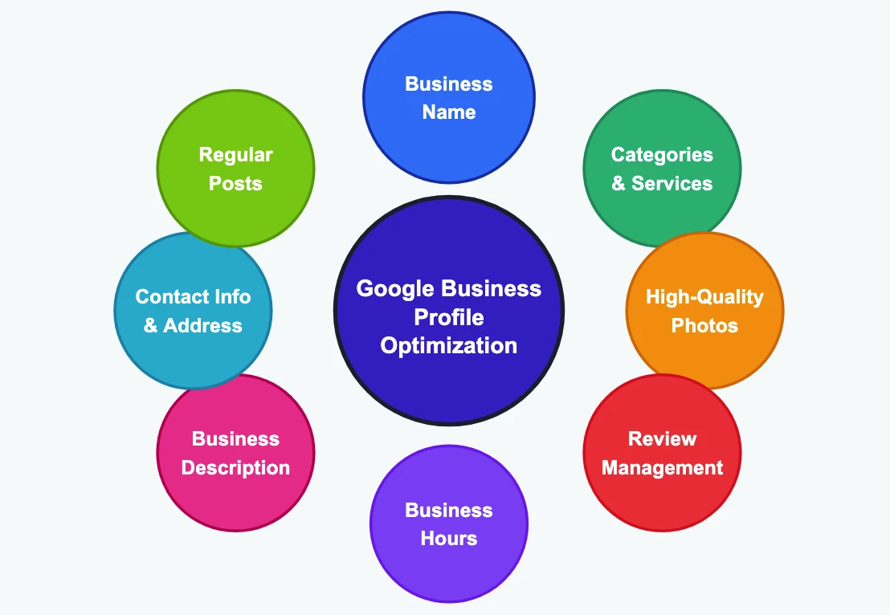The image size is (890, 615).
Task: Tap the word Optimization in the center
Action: [x=448, y=346]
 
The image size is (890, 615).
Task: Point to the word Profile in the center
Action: [x=448, y=318]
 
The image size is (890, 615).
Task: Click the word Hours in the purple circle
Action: [x=448, y=538]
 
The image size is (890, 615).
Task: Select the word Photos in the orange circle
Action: [x=704, y=325]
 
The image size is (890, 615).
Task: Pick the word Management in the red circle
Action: [x=662, y=467]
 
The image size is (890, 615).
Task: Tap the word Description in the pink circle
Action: [x=235, y=467]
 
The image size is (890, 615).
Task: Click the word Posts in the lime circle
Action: [x=235, y=183]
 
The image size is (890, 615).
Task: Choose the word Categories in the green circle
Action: [x=662, y=154]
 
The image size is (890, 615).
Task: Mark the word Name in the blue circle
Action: [x=448, y=112]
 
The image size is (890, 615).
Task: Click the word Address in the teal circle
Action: [x=202, y=325]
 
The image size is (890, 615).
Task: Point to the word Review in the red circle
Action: [x=662, y=438]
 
